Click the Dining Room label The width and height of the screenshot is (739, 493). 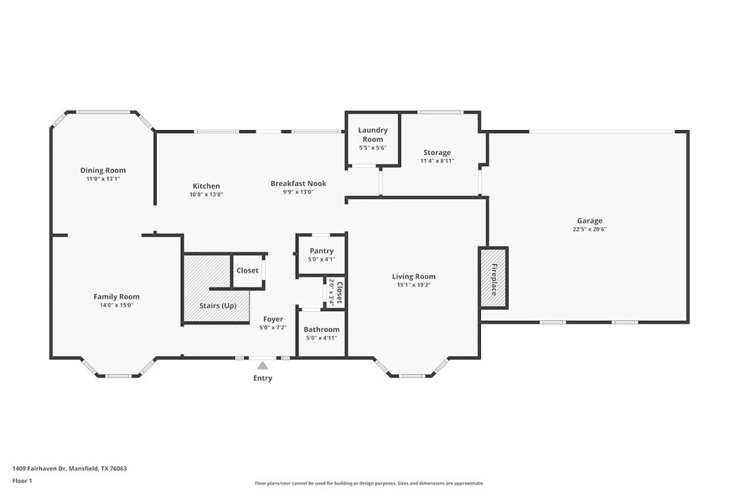(102, 170)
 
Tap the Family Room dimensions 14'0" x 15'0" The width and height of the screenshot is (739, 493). (116, 305)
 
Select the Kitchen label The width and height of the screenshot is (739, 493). (206, 186)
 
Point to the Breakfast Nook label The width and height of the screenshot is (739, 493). (297, 183)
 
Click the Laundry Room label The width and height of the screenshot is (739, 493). (372, 133)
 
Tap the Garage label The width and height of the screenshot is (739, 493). (589, 221)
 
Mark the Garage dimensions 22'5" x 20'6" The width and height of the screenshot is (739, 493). (589, 229)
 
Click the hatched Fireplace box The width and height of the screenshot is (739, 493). (494, 278)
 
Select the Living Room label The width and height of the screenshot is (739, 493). (414, 277)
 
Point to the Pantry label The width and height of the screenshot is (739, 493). (321, 251)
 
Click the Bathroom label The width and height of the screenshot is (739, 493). (321, 330)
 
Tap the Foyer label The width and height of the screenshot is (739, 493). (273, 319)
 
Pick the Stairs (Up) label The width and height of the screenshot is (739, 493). (218, 305)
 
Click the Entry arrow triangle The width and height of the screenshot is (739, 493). (263, 366)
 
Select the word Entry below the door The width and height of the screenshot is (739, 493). (263, 378)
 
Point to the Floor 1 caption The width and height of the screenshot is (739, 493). (23, 480)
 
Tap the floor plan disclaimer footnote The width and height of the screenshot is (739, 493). (369, 483)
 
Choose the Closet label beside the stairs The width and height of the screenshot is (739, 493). (247, 271)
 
